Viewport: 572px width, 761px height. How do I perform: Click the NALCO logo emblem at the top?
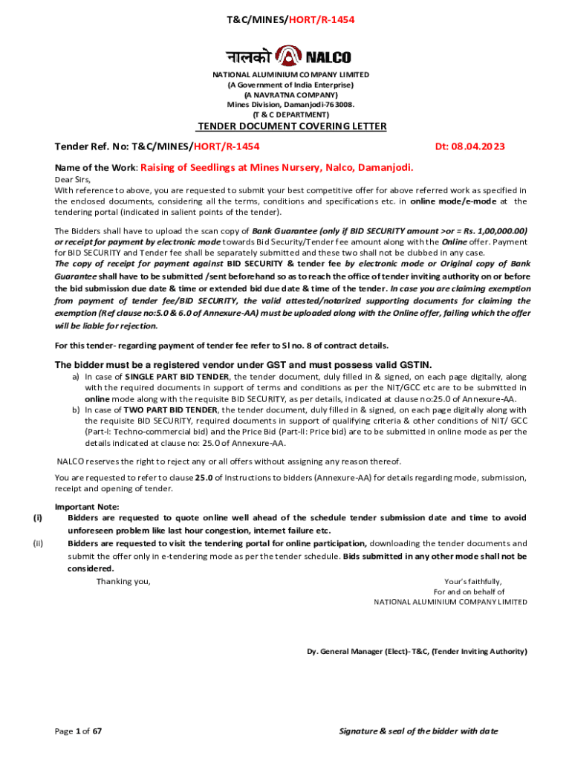click(286, 56)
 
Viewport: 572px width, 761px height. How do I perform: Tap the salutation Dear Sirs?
click(73, 180)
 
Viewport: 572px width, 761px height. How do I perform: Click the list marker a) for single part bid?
click(76, 378)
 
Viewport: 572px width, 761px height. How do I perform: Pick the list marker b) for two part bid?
click(76, 410)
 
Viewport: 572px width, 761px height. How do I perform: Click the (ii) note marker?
click(38, 543)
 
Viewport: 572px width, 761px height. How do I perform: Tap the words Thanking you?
click(123, 581)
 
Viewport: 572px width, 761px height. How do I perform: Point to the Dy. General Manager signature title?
click(417, 652)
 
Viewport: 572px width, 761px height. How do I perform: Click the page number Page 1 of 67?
click(78, 731)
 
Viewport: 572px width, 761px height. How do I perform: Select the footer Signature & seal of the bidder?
click(418, 731)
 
